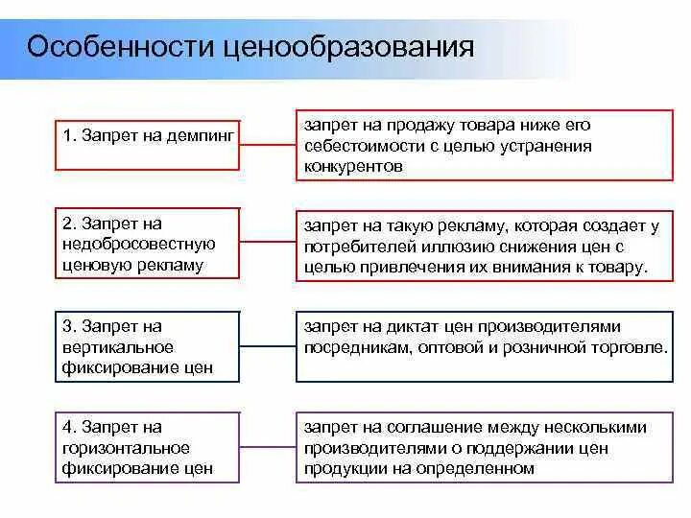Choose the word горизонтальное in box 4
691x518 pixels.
(126, 448)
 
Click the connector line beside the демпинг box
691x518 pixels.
(267, 146)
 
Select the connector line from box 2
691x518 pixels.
(267, 246)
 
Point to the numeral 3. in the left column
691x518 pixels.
(69, 326)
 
